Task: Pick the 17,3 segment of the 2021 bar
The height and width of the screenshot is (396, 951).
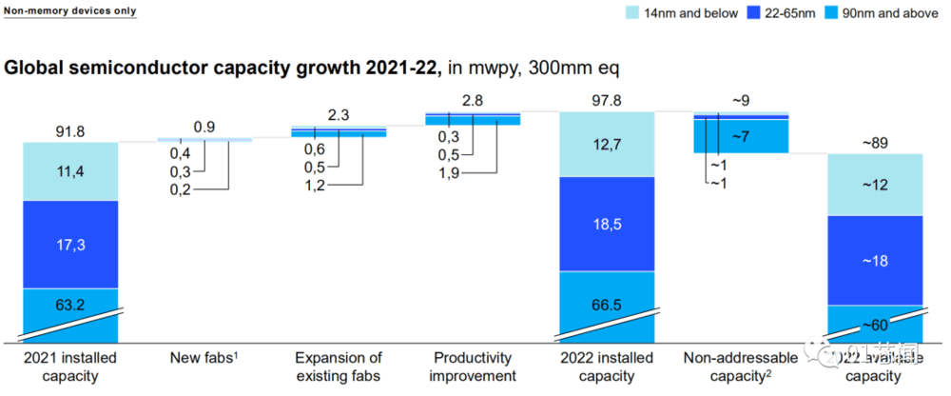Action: tap(70, 245)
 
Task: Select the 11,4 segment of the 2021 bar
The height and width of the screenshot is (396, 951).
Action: tap(70, 171)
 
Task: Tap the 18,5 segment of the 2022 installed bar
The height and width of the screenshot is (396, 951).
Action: tap(606, 225)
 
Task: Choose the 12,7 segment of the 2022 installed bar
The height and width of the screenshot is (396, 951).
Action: tap(606, 145)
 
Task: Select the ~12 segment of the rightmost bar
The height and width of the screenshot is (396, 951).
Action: tap(875, 185)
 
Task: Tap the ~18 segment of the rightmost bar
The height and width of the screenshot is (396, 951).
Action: tap(875, 260)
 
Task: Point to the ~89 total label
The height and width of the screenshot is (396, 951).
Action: tap(875, 143)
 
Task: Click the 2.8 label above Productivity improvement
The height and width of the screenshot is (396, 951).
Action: tap(473, 100)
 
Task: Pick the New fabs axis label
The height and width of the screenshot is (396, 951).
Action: tap(204, 358)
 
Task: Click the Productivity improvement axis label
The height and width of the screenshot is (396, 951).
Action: tap(473, 366)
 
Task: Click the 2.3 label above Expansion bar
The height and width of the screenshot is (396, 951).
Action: tap(339, 114)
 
